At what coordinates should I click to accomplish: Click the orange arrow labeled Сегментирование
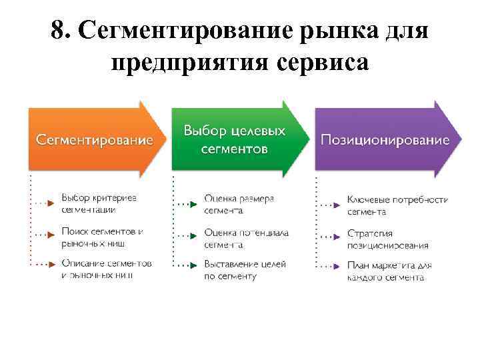[93, 140]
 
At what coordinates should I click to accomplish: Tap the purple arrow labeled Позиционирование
[385, 140]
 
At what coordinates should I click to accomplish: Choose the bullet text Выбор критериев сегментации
[99, 204]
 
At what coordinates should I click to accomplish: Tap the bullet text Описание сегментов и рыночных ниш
[106, 269]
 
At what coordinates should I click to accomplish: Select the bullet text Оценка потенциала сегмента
[246, 239]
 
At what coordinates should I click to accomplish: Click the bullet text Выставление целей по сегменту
[245, 270]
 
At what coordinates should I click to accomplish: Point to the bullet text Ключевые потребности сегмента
[397, 205]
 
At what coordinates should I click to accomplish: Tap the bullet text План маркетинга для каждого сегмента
[389, 271]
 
